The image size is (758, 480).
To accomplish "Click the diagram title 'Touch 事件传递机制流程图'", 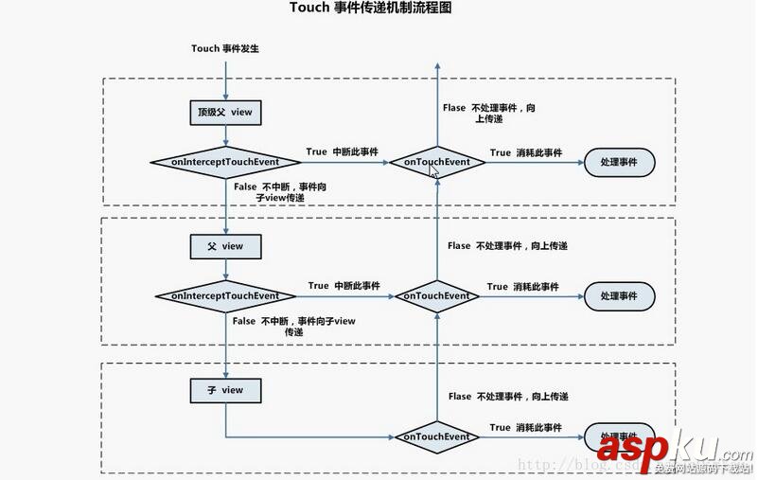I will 370,9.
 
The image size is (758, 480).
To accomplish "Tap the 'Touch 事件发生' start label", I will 224,48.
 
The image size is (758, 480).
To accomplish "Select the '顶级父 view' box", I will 224,113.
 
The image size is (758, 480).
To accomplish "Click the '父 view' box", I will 224,246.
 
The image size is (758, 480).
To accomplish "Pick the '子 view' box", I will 224,390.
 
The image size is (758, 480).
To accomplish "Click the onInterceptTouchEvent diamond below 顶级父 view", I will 224,163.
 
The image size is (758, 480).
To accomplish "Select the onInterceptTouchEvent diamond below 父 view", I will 224,296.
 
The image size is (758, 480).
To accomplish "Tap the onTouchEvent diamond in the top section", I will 437,163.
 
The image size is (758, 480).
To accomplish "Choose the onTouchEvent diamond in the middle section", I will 437,296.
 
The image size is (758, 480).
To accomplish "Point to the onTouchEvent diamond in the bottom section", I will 437,437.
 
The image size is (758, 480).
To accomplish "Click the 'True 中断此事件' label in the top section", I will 342,151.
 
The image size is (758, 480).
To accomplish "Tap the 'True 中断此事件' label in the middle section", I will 344,286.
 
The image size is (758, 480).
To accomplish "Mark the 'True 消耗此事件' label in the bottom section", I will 525,428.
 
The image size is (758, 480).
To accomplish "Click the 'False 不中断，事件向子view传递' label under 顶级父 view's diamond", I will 280,192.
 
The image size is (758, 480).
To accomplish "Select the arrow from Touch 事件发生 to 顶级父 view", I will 224,79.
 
